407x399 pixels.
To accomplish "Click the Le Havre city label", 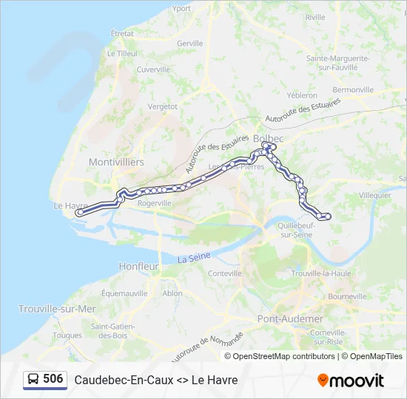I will point(71,205).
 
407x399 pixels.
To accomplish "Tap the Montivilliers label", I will point(116,162).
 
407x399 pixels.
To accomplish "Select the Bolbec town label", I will point(268,138).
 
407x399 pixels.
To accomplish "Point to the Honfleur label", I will point(139,266).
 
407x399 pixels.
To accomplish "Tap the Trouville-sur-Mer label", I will point(57,309).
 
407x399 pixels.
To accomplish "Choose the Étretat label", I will point(122,34).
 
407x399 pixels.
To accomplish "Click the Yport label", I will point(181,9).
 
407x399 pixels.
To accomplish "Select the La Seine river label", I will point(194,258).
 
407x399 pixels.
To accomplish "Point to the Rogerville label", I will point(155,203).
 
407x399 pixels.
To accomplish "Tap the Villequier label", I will point(374,195).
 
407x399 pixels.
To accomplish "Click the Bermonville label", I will point(354,89).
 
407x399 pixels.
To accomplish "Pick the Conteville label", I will point(226,273).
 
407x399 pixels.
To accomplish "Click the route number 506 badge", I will point(53,379).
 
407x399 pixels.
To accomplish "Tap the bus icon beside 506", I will point(33,380).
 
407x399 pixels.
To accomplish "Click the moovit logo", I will point(351,381).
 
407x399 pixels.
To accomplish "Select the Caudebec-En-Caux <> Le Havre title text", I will point(156,380).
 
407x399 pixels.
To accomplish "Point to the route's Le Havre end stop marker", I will point(79,213).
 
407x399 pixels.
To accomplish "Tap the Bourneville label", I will point(348,296).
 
